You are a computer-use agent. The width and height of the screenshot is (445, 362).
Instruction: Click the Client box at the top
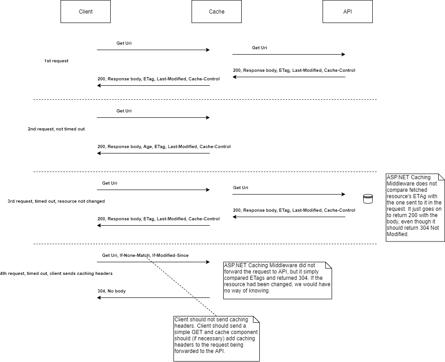tap(85, 12)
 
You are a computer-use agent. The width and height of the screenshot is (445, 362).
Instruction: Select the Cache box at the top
tap(216, 12)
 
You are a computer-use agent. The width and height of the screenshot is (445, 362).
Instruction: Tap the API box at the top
tap(347, 12)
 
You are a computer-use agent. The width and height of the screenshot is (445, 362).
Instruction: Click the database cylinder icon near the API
tap(368, 199)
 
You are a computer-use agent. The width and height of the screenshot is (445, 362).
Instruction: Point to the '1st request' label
tap(56, 61)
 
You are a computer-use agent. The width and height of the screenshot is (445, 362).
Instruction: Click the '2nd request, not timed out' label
tap(56, 129)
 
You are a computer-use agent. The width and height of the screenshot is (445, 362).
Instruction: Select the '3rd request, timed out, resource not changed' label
tap(56, 201)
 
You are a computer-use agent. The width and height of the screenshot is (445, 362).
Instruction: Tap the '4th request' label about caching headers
tap(56, 274)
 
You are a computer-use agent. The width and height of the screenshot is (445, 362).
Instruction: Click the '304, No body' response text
tap(112, 291)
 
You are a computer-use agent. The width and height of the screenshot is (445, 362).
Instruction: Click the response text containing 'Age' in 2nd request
tap(164, 147)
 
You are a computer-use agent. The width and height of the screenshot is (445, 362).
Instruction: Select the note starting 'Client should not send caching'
tap(216, 339)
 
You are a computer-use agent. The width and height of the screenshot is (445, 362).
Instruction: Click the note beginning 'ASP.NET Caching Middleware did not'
tap(277, 280)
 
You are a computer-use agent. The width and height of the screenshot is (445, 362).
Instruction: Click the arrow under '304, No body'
tap(153, 298)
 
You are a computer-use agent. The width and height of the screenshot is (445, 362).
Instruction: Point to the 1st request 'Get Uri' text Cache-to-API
tap(259, 48)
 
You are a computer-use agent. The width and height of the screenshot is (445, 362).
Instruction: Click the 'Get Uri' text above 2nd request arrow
tap(124, 111)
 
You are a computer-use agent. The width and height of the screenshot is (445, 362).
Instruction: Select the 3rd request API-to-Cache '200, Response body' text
tap(294, 210)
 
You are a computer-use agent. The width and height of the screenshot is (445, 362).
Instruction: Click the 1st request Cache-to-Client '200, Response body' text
tap(159, 79)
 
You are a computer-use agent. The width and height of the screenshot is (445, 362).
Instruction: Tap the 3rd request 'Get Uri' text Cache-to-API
tap(240, 188)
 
